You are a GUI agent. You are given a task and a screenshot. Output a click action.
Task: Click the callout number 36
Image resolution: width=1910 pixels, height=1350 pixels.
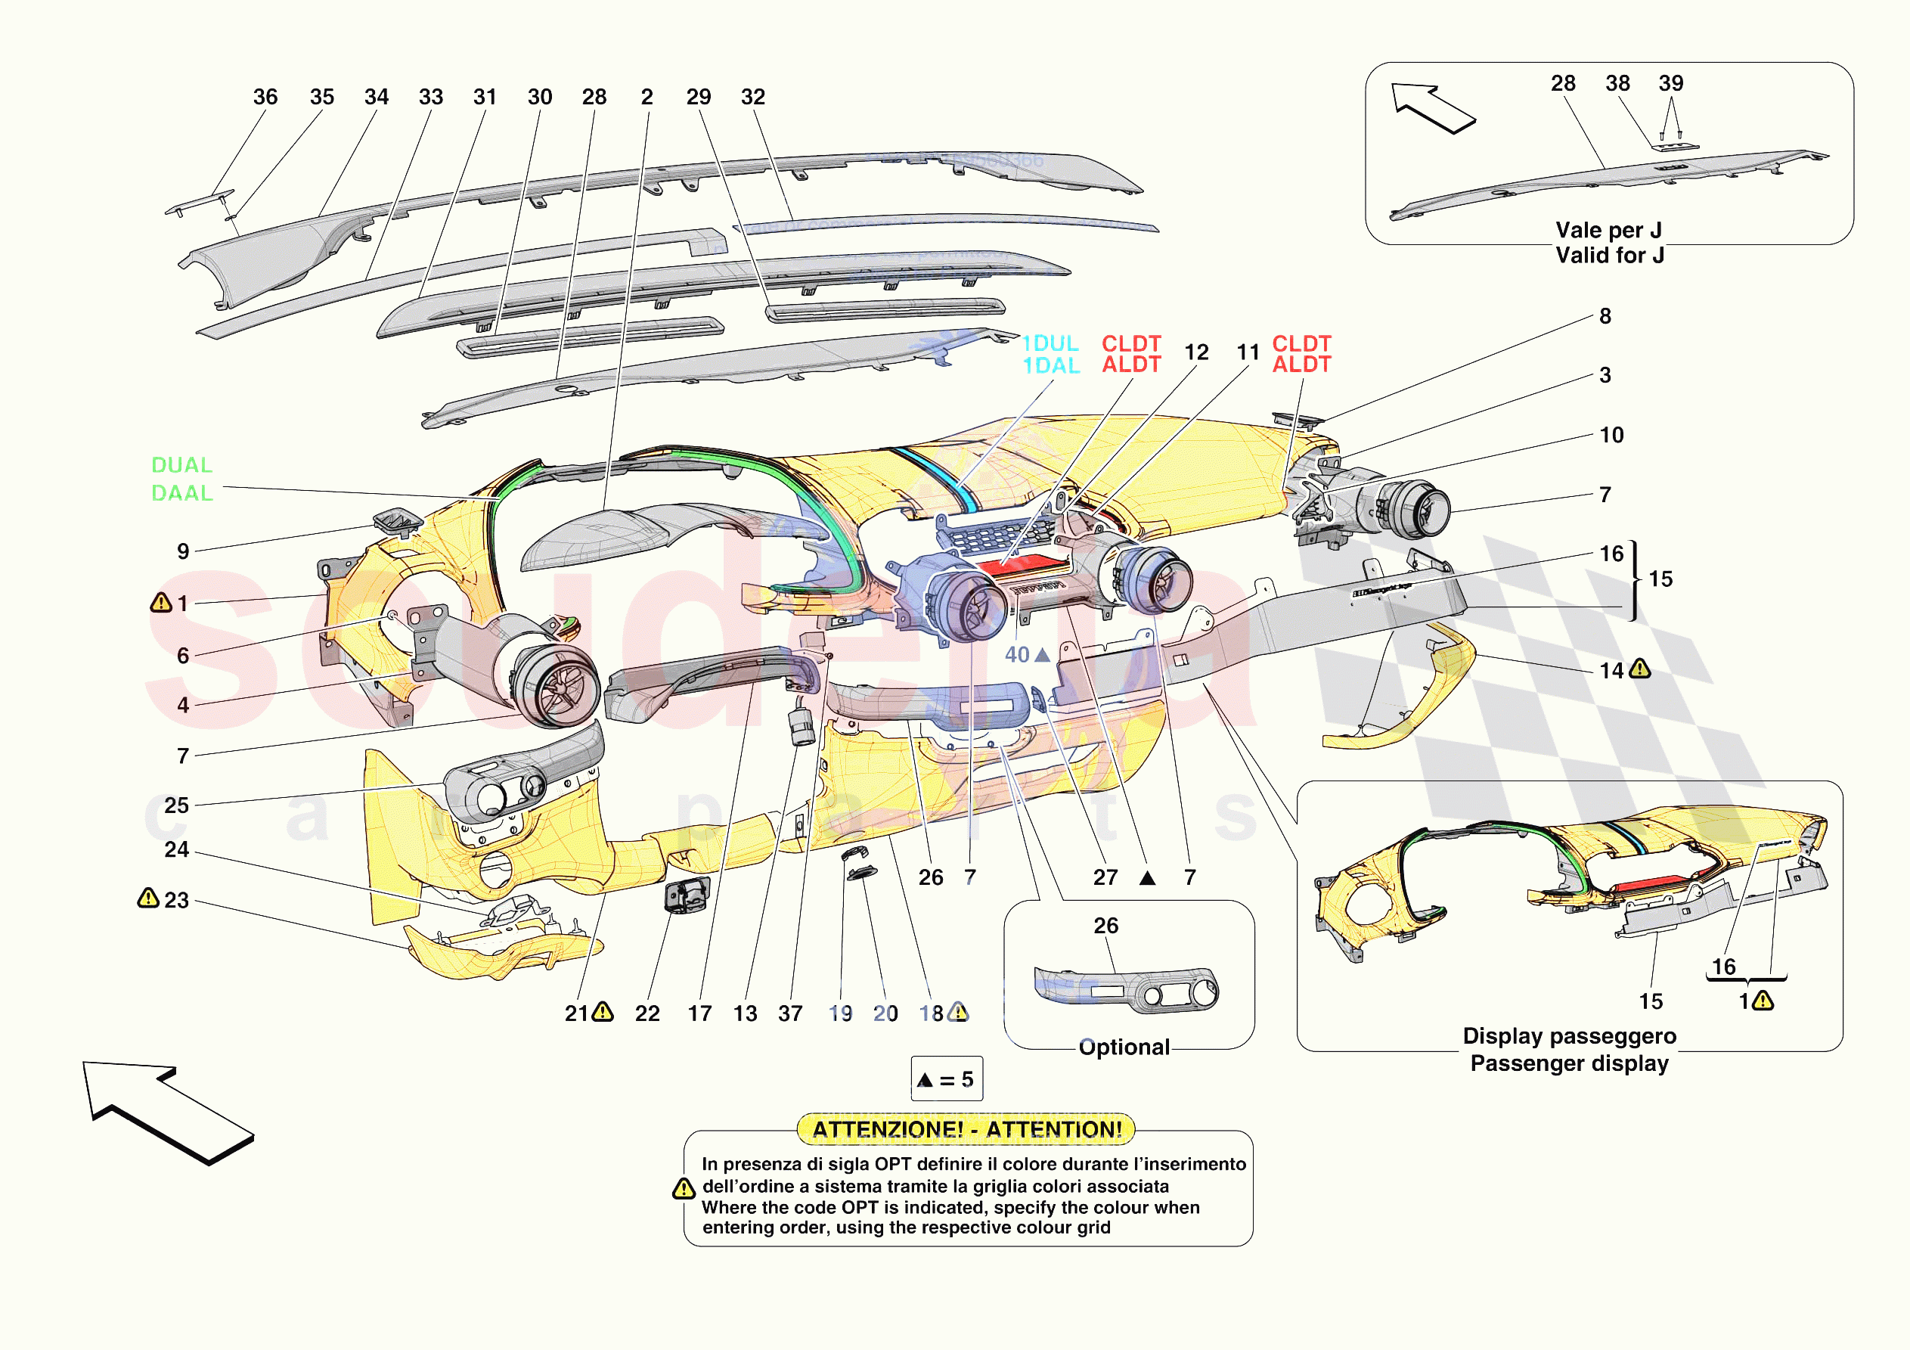tap(265, 98)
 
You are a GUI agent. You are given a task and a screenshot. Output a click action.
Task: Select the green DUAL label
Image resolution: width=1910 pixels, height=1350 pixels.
tap(181, 465)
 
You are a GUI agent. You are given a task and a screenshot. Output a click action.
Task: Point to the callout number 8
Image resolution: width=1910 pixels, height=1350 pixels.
tap(1605, 316)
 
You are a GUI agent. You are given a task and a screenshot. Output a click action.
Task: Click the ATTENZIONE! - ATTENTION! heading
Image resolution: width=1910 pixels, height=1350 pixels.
tap(966, 1129)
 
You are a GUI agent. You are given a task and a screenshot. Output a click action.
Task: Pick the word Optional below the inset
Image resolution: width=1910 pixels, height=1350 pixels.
tap(1124, 1047)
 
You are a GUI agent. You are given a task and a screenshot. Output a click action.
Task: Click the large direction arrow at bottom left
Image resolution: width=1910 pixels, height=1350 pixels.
tap(166, 1110)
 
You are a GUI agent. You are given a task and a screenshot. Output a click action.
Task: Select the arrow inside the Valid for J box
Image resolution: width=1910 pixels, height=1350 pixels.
tap(1432, 107)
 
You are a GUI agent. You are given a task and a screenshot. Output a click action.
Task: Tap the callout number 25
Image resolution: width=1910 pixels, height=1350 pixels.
tap(176, 805)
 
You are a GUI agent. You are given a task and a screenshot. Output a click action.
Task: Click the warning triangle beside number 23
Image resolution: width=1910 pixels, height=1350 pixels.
tap(148, 899)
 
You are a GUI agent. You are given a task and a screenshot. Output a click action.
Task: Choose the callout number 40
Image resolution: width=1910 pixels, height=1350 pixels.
tap(1016, 655)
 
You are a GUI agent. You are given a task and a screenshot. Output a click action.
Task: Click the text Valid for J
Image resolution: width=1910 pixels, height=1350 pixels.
tap(1610, 256)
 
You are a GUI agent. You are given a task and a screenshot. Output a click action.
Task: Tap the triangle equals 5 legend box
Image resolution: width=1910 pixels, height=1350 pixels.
tap(947, 1079)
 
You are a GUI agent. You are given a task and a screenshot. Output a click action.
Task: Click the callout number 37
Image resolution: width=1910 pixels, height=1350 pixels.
tap(790, 1013)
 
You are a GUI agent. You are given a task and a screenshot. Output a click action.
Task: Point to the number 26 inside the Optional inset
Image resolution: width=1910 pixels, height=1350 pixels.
tap(1105, 926)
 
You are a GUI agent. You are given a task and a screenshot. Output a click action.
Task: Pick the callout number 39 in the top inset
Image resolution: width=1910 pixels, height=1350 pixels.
tap(1670, 83)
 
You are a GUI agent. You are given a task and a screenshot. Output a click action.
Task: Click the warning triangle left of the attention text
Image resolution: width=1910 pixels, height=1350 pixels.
tap(684, 1190)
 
